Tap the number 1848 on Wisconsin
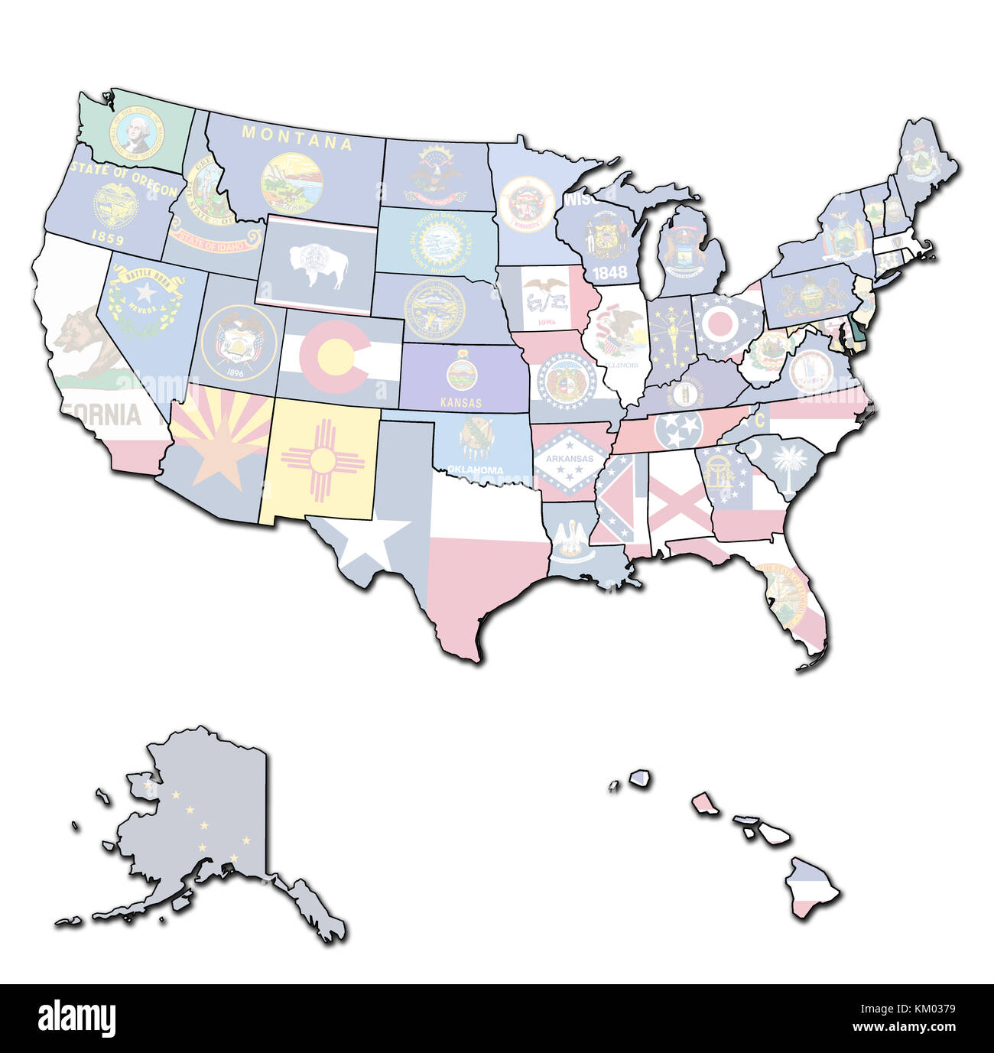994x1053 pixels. click(609, 271)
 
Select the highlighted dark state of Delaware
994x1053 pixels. click(856, 335)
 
